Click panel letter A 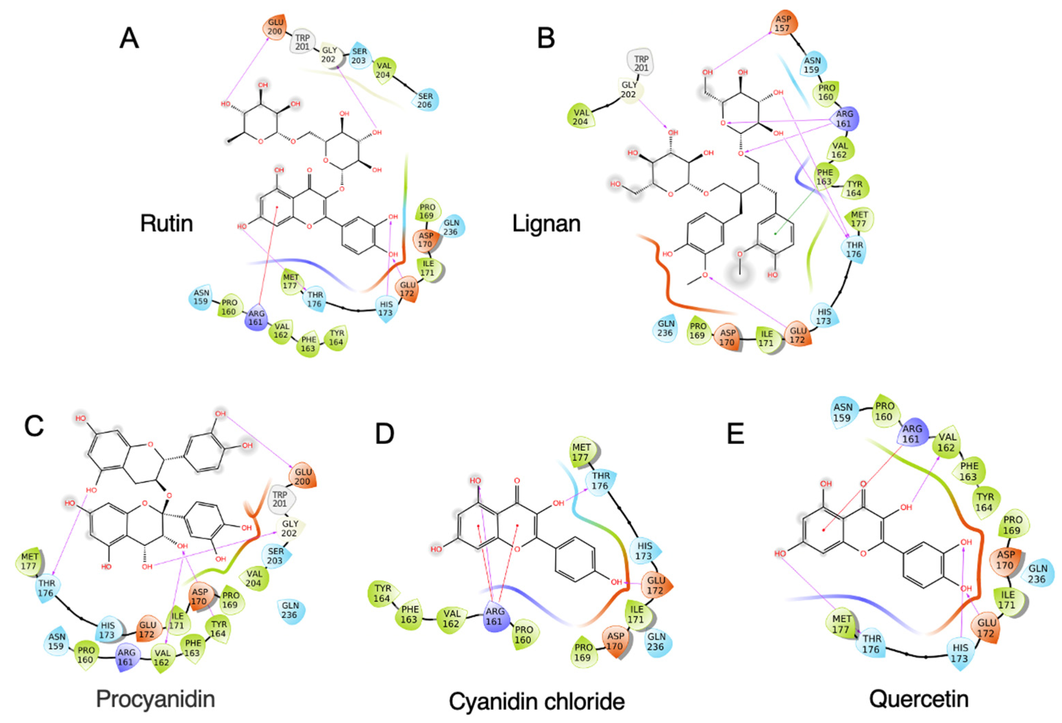click(129, 38)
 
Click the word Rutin click(166, 223)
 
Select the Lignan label click(546, 223)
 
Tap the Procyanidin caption click(156, 699)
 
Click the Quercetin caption click(918, 699)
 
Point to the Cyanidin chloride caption click(536, 701)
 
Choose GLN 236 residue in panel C click(290, 610)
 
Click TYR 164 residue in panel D click(382, 594)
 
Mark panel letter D click(384, 433)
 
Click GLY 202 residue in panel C click(289, 529)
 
